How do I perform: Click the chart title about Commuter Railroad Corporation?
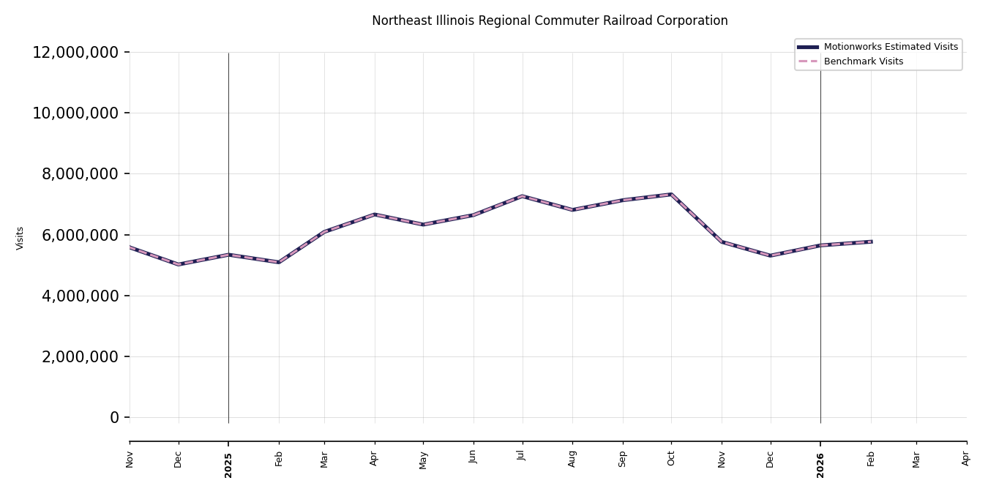(550, 20)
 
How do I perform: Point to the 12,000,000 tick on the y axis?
(75, 52)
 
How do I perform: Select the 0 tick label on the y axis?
(114, 418)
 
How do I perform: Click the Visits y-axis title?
(20, 238)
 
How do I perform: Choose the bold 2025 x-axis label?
(228, 465)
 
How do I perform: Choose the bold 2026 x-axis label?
(820, 465)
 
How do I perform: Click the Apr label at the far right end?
(966, 458)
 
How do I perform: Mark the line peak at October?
(671, 194)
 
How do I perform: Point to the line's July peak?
(522, 196)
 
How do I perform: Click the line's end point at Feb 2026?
(871, 242)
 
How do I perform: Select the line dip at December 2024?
(179, 264)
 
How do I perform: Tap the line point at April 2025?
(375, 214)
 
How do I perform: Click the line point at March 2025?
(325, 231)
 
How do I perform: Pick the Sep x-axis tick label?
(623, 458)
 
